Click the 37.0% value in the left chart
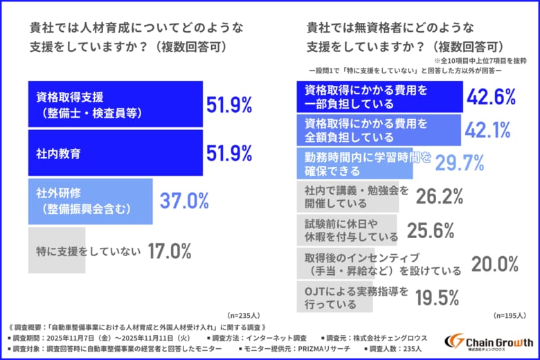184,201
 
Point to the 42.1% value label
487,129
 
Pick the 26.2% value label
440,197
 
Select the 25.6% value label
430,230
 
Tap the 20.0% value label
494,263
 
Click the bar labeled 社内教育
116,152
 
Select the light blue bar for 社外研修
91,201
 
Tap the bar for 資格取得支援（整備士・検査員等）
116,104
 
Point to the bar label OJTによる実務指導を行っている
357,297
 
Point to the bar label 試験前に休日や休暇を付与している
343,230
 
